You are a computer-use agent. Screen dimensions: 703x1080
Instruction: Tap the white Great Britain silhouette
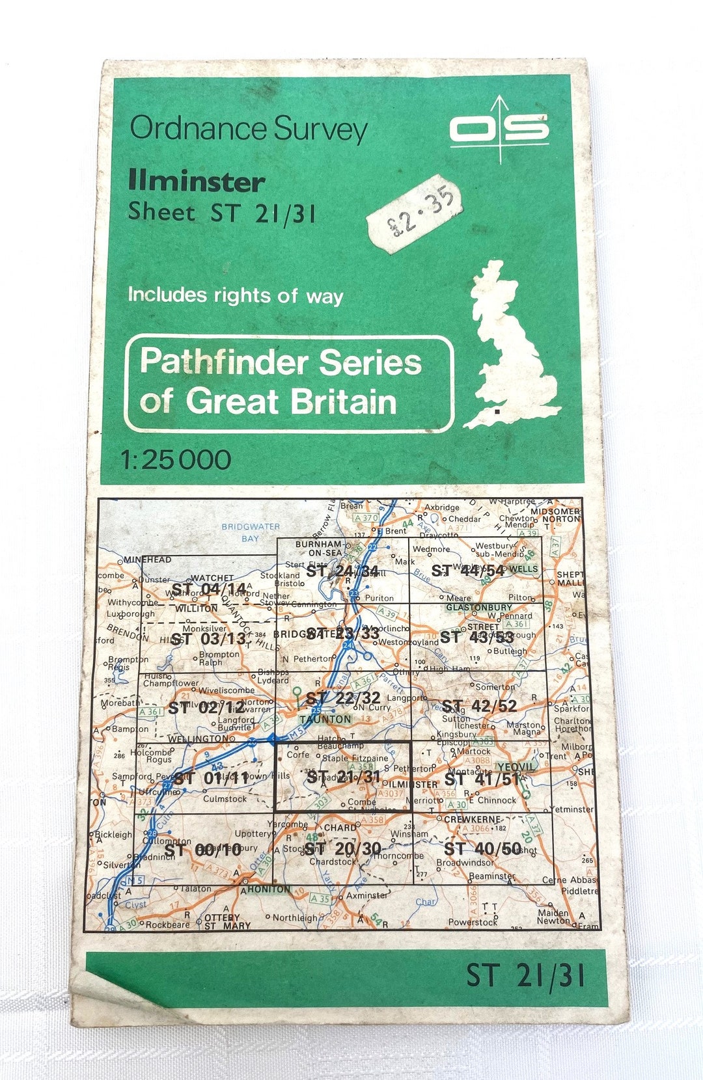511,345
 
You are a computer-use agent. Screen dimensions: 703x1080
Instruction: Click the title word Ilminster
197,181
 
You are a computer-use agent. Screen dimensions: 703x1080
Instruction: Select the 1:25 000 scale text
176,460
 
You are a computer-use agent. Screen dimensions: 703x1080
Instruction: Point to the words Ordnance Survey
249,128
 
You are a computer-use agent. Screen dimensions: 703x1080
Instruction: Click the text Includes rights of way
235,295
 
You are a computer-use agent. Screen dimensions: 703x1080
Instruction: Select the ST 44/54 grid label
467,571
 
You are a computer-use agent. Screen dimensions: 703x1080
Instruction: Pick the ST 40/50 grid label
482,848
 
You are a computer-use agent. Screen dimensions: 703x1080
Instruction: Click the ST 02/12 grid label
207,707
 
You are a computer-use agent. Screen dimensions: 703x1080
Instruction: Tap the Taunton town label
325,720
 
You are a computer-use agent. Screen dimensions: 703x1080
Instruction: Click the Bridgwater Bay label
251,532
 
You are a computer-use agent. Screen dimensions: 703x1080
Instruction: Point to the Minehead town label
148,560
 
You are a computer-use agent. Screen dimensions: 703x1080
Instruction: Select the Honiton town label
269,889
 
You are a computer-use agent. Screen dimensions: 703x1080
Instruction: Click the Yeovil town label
516,767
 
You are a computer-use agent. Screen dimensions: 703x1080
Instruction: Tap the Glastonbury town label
479,608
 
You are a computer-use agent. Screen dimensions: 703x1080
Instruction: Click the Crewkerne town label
473,819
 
